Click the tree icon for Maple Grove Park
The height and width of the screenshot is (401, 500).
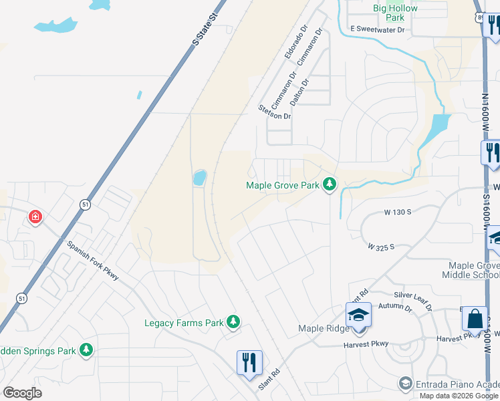coord(329,184)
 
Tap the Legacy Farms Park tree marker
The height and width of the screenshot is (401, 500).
coord(233,323)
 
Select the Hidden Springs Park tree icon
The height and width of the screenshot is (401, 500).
coord(86,350)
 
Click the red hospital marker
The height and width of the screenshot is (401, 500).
coord(35,217)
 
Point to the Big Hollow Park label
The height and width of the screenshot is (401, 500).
coord(394,13)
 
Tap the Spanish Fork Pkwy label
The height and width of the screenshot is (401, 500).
coord(92,260)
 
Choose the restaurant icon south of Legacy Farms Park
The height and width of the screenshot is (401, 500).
coord(249,363)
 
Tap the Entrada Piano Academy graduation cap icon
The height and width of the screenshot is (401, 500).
coord(404,383)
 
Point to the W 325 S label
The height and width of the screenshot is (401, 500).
coord(381,247)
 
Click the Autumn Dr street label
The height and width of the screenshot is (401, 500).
coord(395,307)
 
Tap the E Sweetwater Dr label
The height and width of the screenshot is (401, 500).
coord(378,30)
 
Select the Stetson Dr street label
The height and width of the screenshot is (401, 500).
coord(275,112)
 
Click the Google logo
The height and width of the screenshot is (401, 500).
coord(22,393)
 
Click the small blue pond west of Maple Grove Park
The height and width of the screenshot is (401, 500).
coord(199,178)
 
